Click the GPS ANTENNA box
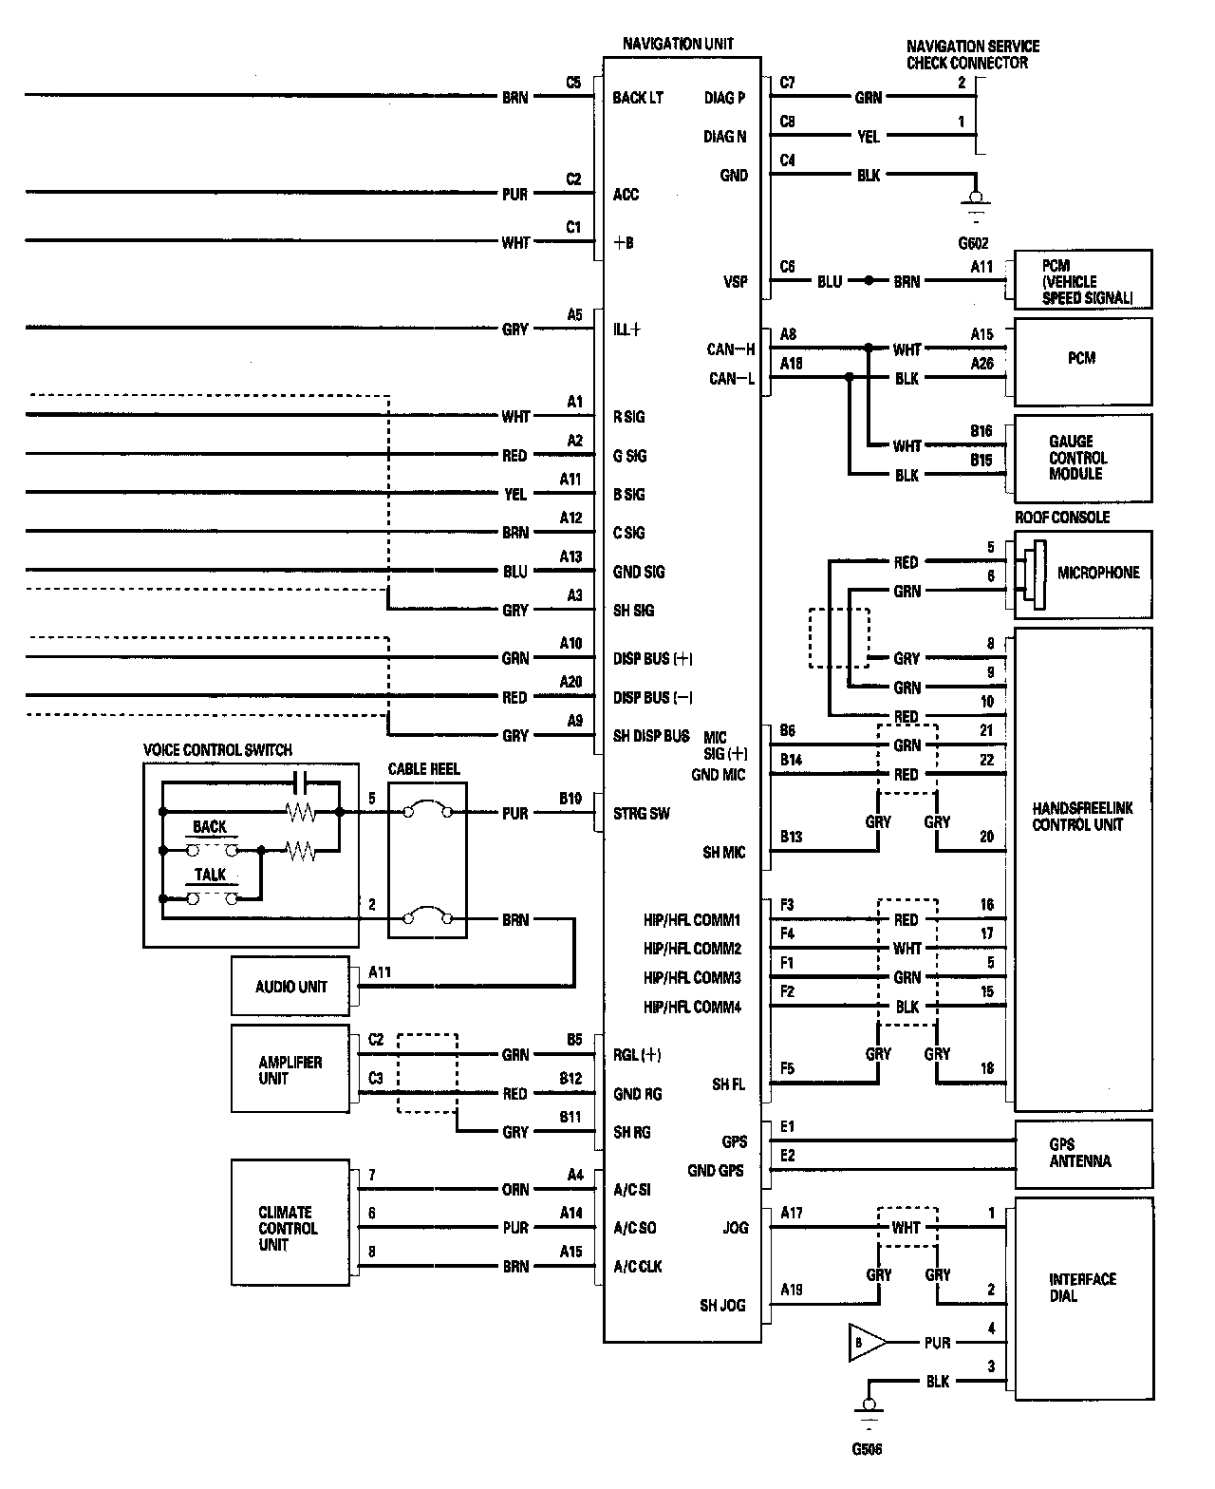click(x=1083, y=1153)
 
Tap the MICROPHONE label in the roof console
click(x=1098, y=574)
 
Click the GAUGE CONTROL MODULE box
click(x=1083, y=458)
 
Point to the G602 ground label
click(x=973, y=243)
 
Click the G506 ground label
click(x=867, y=1449)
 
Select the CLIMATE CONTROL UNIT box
click(x=289, y=1228)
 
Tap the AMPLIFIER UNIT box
click(x=290, y=1069)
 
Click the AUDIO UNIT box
click(x=290, y=987)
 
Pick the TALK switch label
click(x=211, y=875)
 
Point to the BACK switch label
click(x=210, y=827)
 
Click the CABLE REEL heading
click(x=423, y=769)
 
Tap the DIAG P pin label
click(x=724, y=98)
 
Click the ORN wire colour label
click(x=515, y=1190)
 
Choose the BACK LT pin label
click(x=638, y=98)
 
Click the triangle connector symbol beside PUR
click(x=867, y=1343)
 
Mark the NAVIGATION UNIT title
click(x=678, y=44)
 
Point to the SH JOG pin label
click(x=723, y=1306)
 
